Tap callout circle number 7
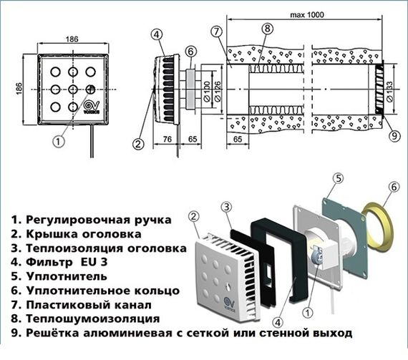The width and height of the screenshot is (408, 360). [218, 31]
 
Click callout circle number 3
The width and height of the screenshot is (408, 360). [225, 207]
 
